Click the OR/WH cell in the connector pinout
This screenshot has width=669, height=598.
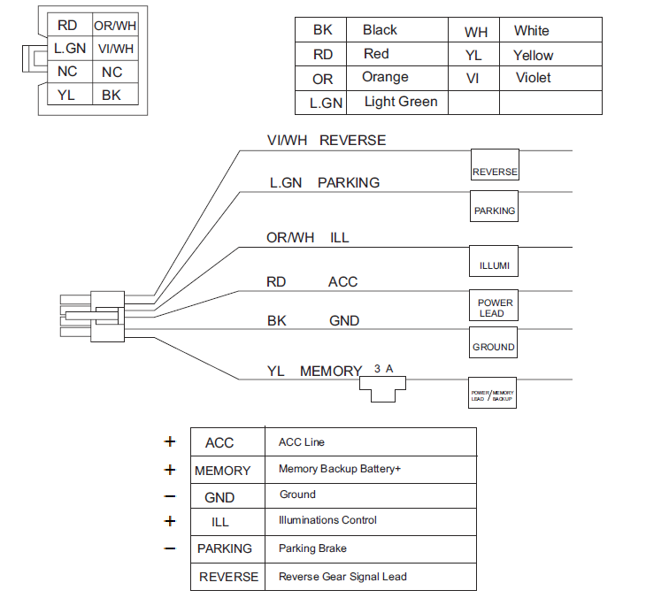pyautogui.click(x=114, y=27)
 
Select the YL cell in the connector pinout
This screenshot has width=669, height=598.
pyautogui.click(x=67, y=94)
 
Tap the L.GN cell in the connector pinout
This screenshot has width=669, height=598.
pyautogui.click(x=69, y=49)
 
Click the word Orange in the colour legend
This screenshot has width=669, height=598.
pyautogui.click(x=385, y=77)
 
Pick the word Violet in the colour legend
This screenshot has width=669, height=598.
pyautogui.click(x=533, y=77)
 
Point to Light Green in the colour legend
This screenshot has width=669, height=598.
pyautogui.click(x=400, y=102)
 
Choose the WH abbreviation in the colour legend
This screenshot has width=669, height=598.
pyautogui.click(x=476, y=32)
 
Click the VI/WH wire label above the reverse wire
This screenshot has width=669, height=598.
pyautogui.click(x=288, y=141)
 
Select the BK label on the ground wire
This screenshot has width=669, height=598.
pyautogui.click(x=277, y=320)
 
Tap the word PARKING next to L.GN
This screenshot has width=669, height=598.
pyautogui.click(x=349, y=183)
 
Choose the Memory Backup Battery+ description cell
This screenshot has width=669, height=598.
pyautogui.click(x=340, y=469)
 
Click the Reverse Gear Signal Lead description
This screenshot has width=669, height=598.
pyautogui.click(x=342, y=576)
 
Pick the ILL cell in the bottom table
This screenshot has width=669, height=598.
pyautogui.click(x=220, y=522)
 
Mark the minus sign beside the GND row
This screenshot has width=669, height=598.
pyautogui.click(x=170, y=496)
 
